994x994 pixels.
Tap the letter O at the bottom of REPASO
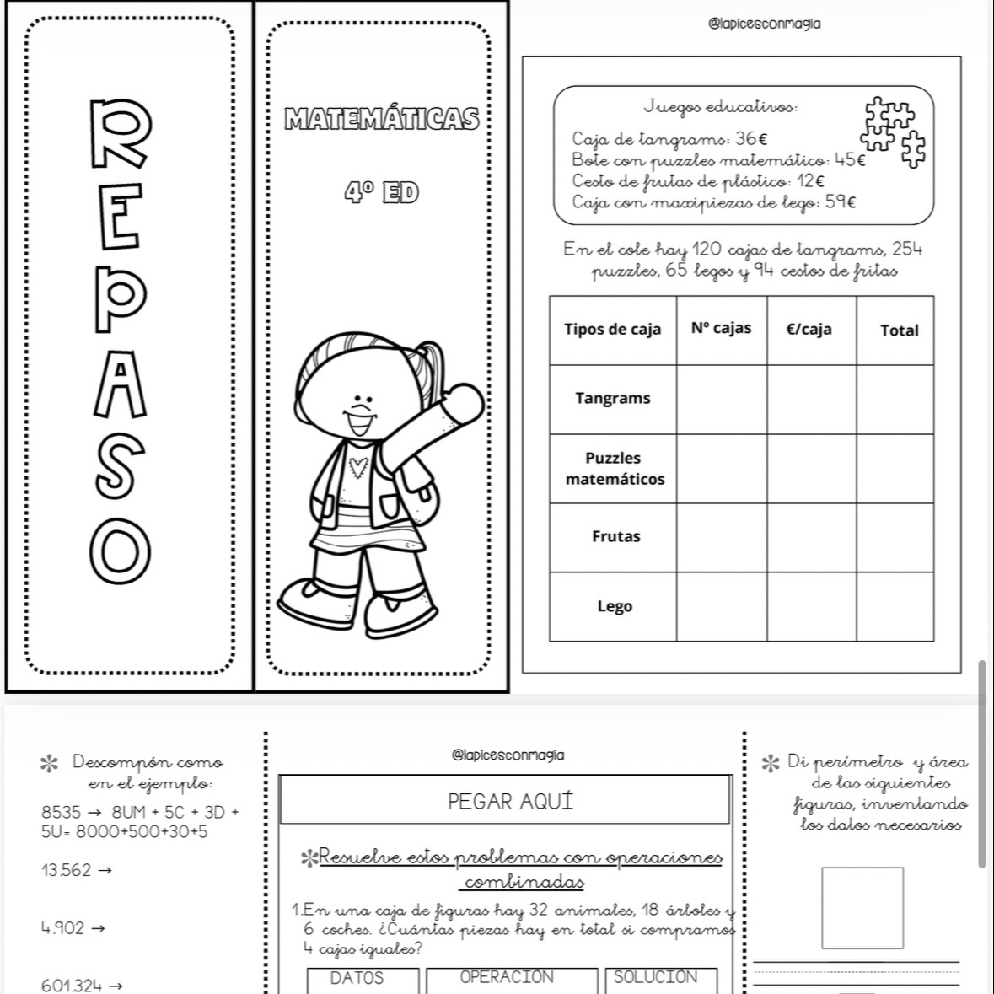[121, 551]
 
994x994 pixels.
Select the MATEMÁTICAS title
[382, 119]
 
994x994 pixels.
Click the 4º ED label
[381, 193]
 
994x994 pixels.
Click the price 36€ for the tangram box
[750, 139]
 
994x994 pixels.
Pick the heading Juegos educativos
[721, 107]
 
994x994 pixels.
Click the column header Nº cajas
[721, 329]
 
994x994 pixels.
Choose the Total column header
[899, 330]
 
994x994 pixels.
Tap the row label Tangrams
[613, 399]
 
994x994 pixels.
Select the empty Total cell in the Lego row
[895, 607]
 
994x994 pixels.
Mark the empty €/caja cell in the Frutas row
[811, 537]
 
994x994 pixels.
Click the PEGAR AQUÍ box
[505, 800]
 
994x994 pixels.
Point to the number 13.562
[66, 870]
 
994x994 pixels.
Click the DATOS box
[363, 980]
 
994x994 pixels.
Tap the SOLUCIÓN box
[661, 980]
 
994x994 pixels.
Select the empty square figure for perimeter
[862, 908]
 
